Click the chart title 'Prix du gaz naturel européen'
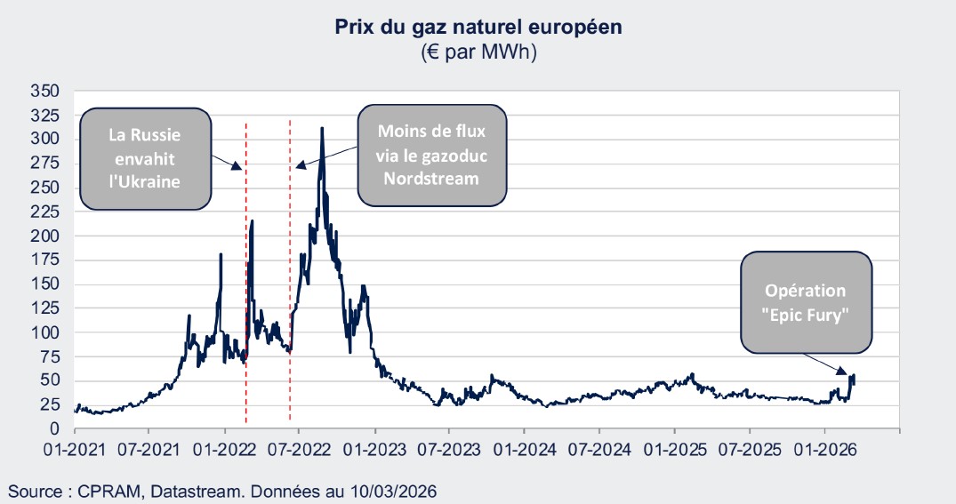coord(478,27)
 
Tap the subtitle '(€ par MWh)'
coord(478,52)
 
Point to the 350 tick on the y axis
coord(44,92)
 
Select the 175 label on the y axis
coord(44,260)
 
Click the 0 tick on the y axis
coord(54,429)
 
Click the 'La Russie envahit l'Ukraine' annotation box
coord(145,159)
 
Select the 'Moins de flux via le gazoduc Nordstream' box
coord(431,155)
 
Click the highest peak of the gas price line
coord(321,128)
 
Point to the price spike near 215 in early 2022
coord(253,221)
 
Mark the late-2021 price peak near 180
coord(221,255)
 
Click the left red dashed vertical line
coord(246,267)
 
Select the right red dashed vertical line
coord(291,267)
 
